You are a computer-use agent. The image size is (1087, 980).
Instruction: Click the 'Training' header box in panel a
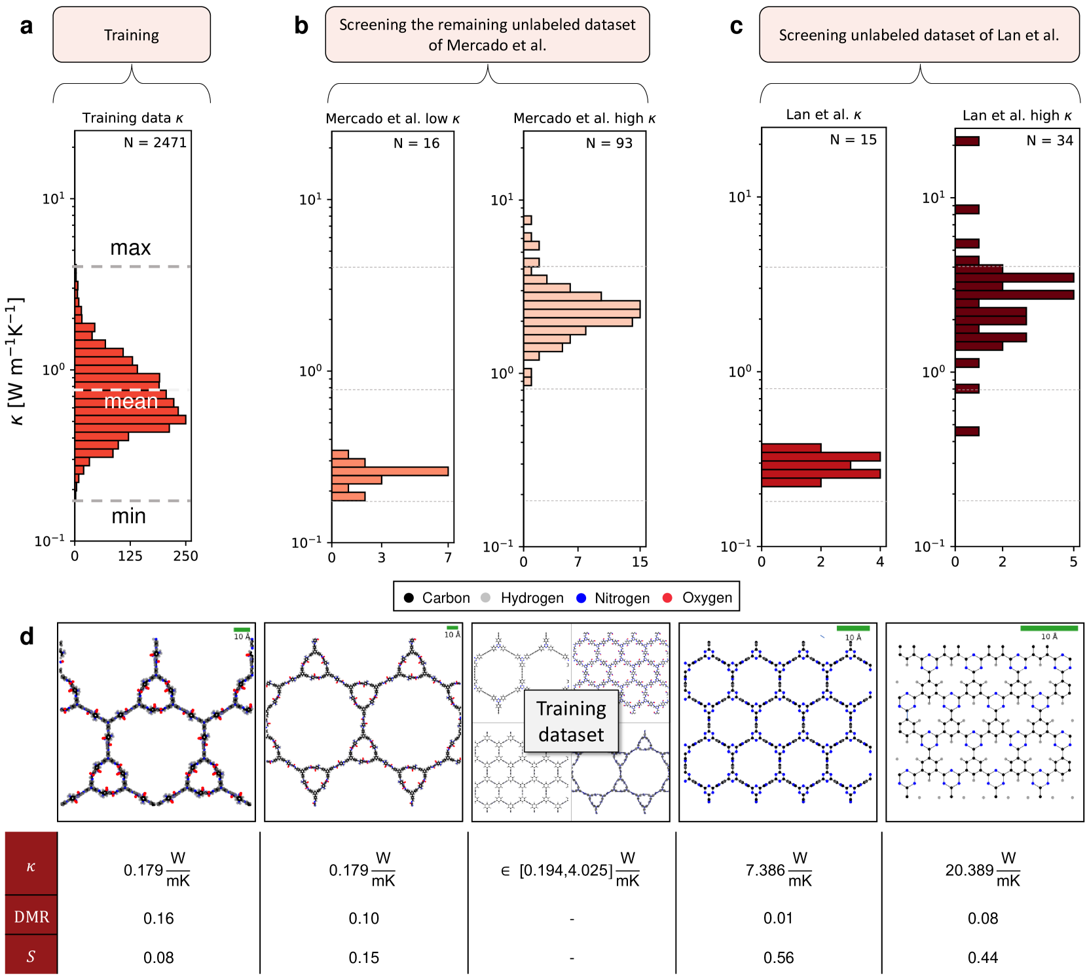pos(132,35)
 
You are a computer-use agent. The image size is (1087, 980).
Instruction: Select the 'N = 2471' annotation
pos(155,142)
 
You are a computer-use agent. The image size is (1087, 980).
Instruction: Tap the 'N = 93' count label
pos(609,143)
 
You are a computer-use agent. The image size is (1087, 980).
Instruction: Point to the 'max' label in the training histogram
pos(130,247)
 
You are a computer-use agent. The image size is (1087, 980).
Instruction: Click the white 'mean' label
pos(131,401)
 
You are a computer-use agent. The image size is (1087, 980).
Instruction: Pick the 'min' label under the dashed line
pos(128,516)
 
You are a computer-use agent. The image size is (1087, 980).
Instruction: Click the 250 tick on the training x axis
pos(185,556)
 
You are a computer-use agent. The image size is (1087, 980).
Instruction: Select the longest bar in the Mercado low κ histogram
pos(390,471)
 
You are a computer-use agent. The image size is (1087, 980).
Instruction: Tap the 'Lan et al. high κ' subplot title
pos(1017,116)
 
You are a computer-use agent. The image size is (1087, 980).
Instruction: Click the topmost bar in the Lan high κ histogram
pos(967,141)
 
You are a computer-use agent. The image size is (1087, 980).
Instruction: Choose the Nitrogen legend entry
pos(614,598)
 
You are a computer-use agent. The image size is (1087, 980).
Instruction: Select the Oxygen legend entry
pos(698,598)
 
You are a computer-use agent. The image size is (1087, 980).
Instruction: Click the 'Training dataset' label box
pos(571,721)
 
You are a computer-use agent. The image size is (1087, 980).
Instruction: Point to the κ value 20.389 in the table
pos(969,870)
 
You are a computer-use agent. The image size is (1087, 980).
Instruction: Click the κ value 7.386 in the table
pos(765,870)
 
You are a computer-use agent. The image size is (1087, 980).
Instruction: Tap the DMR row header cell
pos(31,916)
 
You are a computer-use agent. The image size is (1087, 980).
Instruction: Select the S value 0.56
pos(778,958)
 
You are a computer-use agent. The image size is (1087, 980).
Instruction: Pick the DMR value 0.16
pos(158,918)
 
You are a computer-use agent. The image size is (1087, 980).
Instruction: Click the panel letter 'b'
pos(301,26)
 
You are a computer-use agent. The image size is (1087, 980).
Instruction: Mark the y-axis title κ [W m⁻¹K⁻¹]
pos(16,361)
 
